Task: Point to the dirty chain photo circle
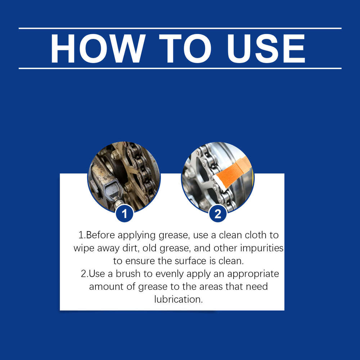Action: (124, 176)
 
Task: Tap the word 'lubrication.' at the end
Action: (179, 300)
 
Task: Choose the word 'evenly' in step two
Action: (170, 274)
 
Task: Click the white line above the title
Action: (180, 28)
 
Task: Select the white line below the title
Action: (180, 68)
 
